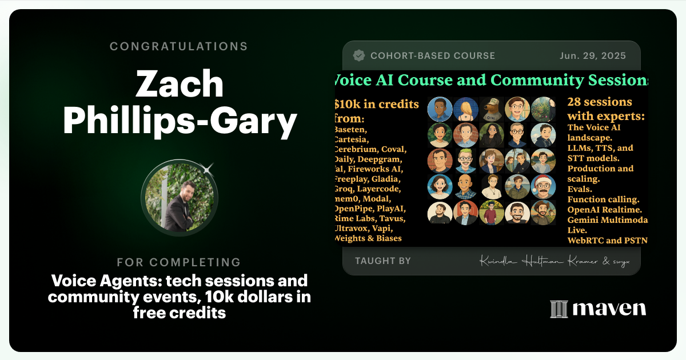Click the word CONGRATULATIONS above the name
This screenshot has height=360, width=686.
[x=179, y=46]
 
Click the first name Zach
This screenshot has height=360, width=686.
[x=179, y=83]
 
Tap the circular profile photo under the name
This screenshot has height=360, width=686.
[x=179, y=198]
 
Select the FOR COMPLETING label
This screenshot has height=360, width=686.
[x=179, y=262]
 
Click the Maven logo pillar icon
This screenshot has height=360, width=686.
[x=559, y=309]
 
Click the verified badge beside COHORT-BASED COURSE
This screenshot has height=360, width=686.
[x=359, y=56]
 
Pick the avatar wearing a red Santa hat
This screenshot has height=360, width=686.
[x=543, y=186]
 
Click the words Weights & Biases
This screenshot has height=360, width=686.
[x=369, y=238]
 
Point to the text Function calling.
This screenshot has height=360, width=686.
[x=603, y=199]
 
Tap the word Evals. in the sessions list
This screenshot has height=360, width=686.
[x=580, y=189]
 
